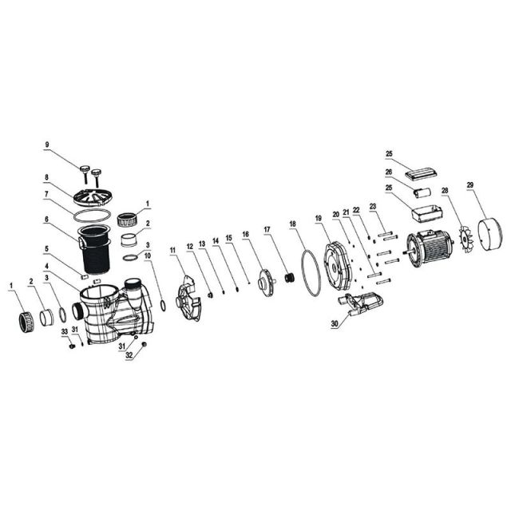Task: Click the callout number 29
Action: pyautogui.click(x=470, y=185)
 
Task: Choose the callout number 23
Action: pyautogui.click(x=373, y=206)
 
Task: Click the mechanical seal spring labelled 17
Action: pyautogui.click(x=291, y=278)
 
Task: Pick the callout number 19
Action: pyautogui.click(x=318, y=217)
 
